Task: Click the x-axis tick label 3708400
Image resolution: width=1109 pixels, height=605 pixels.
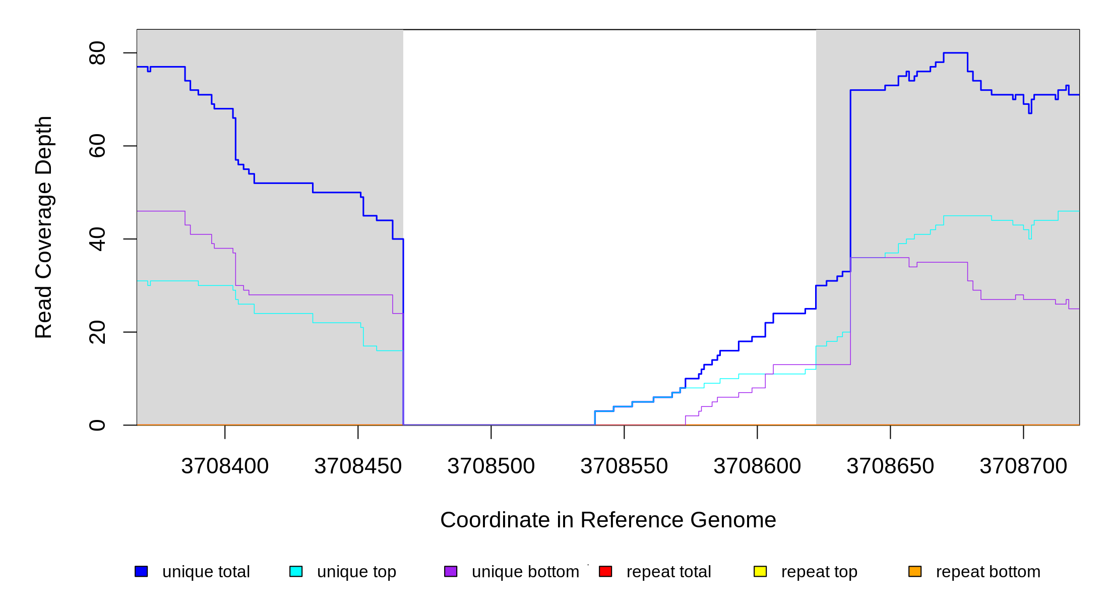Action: (225, 466)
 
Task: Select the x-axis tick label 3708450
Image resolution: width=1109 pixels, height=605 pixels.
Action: (358, 466)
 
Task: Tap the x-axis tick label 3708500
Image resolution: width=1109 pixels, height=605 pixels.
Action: (491, 466)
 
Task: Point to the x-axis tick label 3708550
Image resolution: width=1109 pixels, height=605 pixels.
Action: (624, 466)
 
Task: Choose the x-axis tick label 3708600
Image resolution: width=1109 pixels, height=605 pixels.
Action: (757, 466)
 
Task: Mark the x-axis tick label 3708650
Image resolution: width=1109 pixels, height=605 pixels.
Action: (890, 466)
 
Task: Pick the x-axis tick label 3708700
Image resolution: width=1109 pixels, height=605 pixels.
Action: (1023, 466)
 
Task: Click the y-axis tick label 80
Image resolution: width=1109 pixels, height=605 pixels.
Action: (97, 53)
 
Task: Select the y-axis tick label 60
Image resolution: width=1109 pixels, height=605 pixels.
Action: (97, 146)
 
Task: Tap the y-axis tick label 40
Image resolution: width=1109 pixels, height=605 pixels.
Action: (97, 239)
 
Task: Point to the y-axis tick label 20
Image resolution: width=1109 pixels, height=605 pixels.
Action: (97, 332)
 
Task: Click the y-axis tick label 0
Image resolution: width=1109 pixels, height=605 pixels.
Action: (97, 425)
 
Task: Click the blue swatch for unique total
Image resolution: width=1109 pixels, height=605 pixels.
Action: (141, 571)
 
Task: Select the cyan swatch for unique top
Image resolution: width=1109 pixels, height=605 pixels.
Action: (296, 571)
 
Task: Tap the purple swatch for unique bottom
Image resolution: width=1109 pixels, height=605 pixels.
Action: (451, 571)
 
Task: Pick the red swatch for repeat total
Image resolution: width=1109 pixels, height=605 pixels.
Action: (605, 571)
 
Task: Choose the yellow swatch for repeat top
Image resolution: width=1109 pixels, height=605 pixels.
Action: (760, 571)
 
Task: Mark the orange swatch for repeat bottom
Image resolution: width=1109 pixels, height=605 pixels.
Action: (915, 571)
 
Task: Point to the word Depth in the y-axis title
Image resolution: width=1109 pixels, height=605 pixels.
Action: (44, 145)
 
